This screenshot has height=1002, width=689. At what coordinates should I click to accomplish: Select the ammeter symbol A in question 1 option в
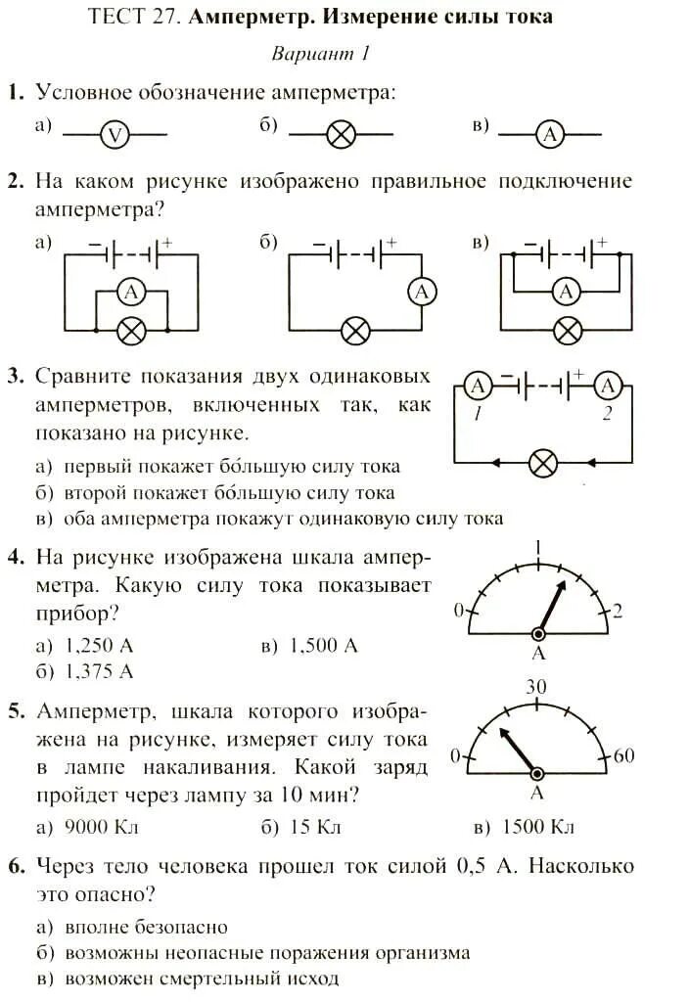[551, 135]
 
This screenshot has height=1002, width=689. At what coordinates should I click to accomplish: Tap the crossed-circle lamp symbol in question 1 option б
[341, 135]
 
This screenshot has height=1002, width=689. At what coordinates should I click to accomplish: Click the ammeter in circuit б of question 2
[421, 292]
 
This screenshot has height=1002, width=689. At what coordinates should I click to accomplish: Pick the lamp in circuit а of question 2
[131, 331]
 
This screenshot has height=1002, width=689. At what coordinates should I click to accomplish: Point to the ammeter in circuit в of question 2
[565, 291]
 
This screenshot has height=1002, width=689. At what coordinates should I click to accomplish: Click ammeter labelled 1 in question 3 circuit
[479, 387]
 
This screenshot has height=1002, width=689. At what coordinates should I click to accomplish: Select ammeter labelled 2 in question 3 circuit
[608, 387]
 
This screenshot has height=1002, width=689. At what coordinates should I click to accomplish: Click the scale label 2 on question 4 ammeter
[618, 611]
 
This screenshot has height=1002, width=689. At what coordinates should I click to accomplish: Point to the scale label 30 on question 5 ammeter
[535, 687]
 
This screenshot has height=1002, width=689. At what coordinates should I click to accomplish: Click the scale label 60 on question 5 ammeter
[623, 755]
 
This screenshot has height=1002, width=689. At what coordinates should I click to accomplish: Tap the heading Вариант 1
[321, 54]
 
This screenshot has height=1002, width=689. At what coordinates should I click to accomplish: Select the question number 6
[15, 866]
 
